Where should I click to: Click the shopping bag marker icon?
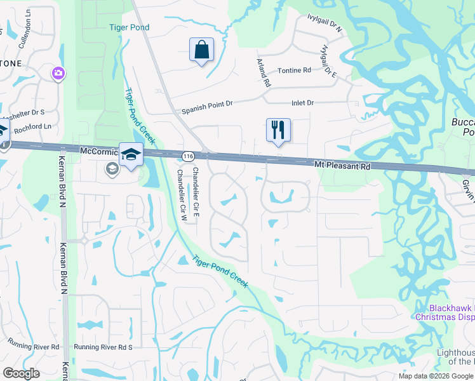(201, 50)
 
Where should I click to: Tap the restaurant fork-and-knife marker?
(278, 130)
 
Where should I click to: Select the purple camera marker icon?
(58, 74)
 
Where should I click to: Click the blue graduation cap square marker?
(131, 155)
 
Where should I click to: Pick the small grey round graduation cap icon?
(112, 168)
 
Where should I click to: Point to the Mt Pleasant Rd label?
(342, 165)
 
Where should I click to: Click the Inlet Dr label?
(302, 103)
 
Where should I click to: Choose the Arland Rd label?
(264, 72)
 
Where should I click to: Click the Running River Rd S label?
(103, 347)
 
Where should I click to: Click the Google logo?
(21, 373)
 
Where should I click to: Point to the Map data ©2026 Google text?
(436, 376)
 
